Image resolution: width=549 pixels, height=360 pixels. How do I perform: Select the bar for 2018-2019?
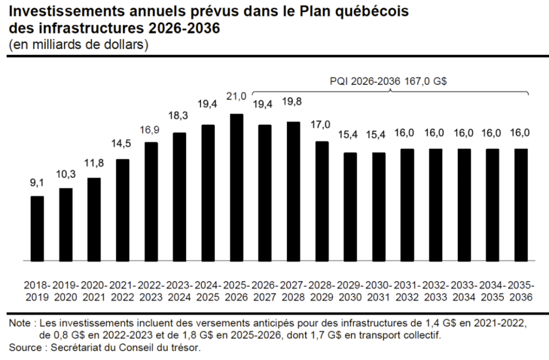(38, 228)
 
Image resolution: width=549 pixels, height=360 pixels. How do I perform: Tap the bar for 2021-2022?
(123, 210)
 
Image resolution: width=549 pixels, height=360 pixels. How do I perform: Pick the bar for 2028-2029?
(322, 201)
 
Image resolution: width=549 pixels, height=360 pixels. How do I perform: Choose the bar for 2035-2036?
(521, 204)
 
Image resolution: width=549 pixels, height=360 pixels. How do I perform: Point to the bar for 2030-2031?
(379, 207)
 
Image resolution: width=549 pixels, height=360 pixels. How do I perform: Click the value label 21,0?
(236, 97)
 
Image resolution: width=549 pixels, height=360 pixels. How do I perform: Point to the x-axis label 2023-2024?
(180, 290)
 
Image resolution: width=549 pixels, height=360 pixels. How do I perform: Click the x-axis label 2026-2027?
(265, 290)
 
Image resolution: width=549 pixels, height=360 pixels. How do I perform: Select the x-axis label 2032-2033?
(435, 290)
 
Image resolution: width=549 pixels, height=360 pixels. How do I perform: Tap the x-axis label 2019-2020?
(66, 290)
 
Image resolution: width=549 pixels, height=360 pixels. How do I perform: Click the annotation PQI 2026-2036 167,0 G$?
(389, 82)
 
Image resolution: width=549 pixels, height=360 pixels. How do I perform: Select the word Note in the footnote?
(19, 324)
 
